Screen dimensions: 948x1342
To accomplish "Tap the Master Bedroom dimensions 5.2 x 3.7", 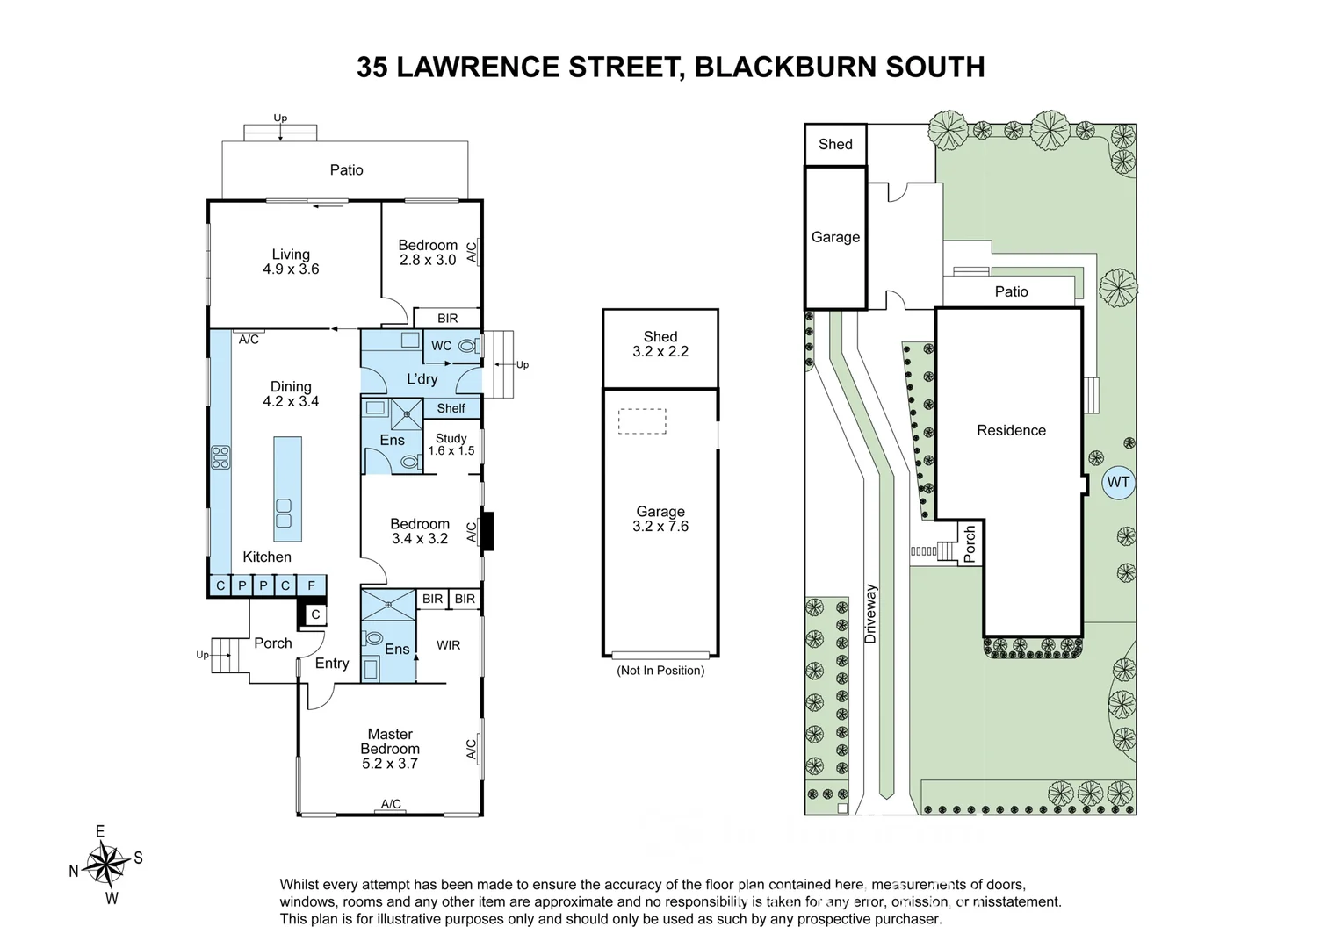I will tap(390, 764).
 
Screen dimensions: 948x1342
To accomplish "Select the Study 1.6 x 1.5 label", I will tap(451, 444).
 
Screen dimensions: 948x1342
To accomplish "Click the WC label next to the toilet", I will tap(441, 346).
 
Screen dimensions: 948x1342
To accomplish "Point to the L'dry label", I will tap(422, 379).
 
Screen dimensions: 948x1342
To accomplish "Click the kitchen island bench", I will tap(287, 489).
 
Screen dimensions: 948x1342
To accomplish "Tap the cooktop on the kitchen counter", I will tap(220, 457).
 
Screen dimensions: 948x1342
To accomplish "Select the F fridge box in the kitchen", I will tap(311, 585).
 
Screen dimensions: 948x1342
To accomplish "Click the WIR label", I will tap(448, 645).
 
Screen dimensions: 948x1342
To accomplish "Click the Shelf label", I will tap(451, 408).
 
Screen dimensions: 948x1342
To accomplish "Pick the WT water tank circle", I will tap(1118, 482).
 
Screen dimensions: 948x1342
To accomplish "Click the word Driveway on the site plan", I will tap(871, 614).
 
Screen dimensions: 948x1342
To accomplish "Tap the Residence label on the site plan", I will tap(1011, 430).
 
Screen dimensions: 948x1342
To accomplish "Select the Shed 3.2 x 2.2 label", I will tap(660, 344).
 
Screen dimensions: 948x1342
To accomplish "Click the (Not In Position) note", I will tap(660, 671).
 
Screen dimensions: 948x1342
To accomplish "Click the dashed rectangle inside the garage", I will tap(642, 421).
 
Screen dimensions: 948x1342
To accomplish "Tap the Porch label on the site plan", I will tap(970, 544).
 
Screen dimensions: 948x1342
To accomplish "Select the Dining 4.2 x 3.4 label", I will tap(291, 394).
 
